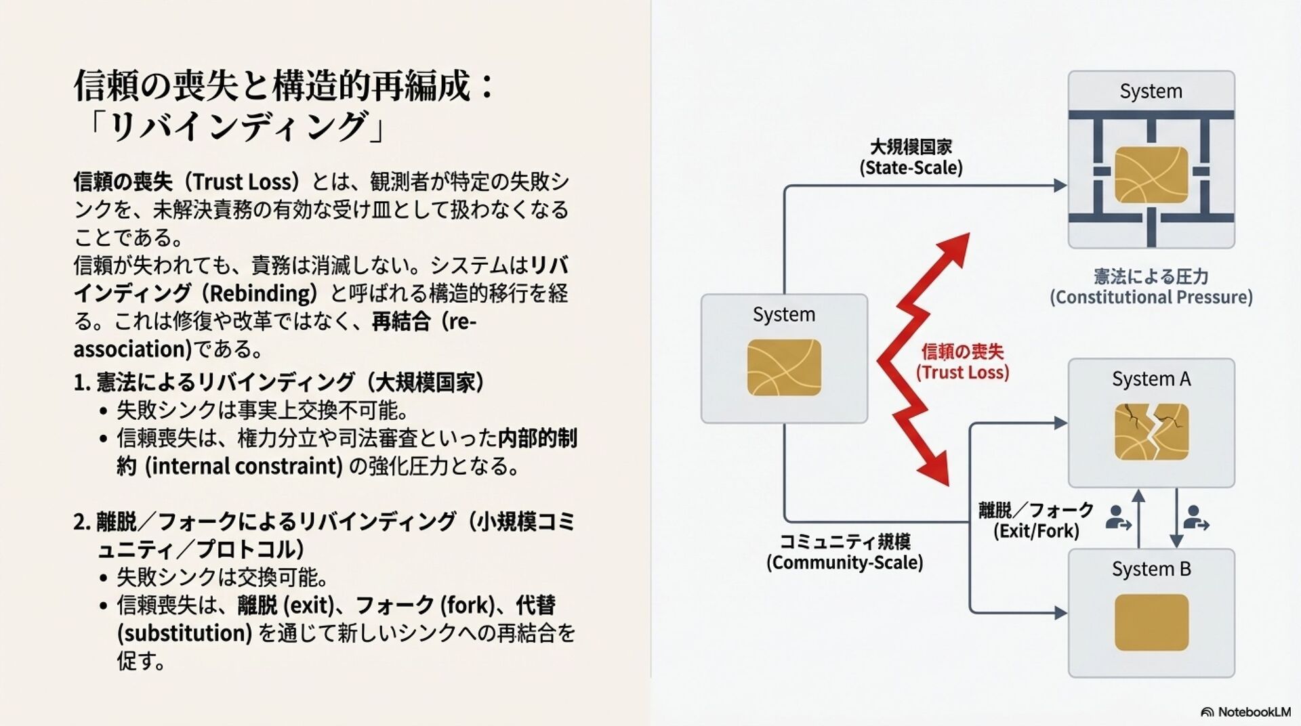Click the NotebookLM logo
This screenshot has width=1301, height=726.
pos(1245,712)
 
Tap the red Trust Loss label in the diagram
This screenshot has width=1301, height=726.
pos(962,362)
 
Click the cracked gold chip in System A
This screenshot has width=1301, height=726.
pos(1151,431)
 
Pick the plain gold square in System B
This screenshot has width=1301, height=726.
pos(1151,622)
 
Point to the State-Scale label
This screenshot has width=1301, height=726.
pos(911,167)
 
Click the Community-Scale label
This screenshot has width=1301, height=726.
pos(844,562)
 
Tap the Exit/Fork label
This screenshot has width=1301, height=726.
pos(1036,530)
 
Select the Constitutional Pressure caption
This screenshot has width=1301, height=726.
pos(1151,297)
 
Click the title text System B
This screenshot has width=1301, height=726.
pos(1151,569)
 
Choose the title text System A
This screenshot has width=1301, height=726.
pos(1151,379)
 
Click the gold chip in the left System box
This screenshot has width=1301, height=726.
pos(784,367)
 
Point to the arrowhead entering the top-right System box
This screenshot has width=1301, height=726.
pos(1060,185)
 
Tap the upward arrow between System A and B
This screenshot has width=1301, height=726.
pos(1138,518)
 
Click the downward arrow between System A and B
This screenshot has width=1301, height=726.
pos(1176,518)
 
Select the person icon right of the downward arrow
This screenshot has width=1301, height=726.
pos(1196,518)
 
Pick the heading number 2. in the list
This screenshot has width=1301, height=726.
pos(82,521)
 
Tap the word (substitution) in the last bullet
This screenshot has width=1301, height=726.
pos(184,633)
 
